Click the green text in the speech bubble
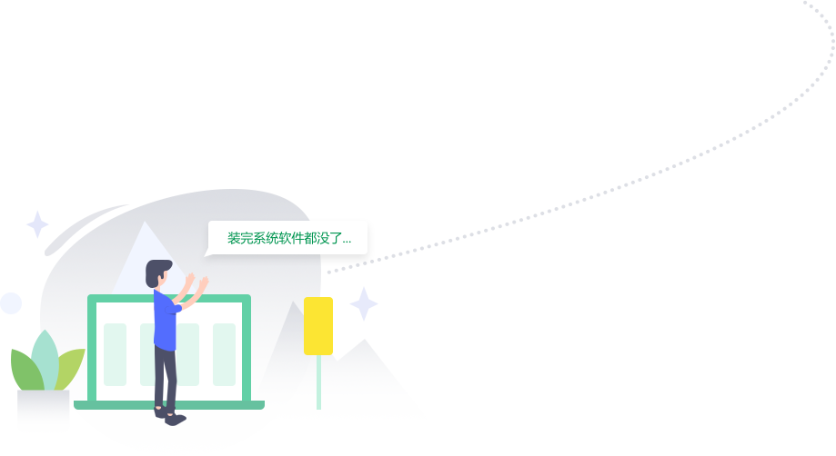[288, 238]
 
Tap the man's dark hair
[157, 270]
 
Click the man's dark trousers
[165, 377]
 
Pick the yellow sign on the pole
[318, 325]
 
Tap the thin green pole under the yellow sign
[318, 382]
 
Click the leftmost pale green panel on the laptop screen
[115, 354]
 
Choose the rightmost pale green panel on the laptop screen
[224, 354]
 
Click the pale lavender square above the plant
[37, 223]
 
